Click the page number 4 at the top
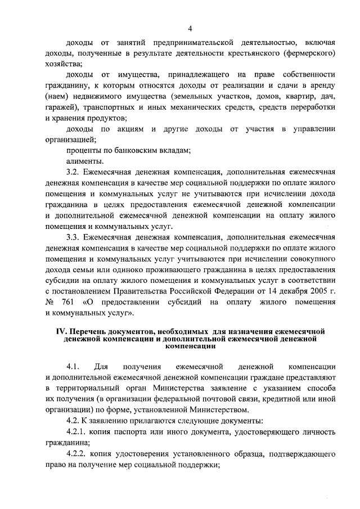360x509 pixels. pos(190,29)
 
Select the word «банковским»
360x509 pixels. pos(142,150)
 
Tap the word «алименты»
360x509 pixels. pos(85,161)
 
